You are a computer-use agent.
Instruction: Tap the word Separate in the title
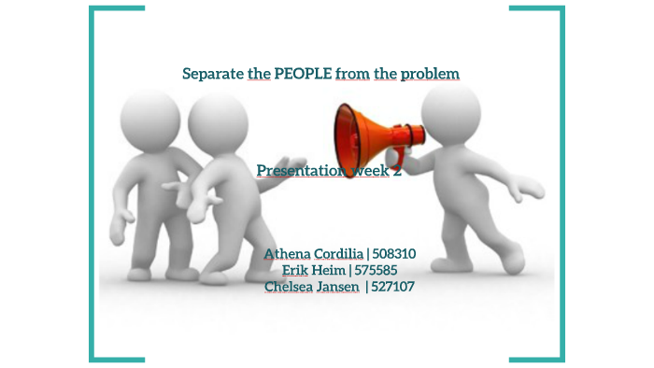213,73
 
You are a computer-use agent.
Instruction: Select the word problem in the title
429,73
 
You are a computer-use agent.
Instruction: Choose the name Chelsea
291,287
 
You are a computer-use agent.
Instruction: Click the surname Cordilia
337,253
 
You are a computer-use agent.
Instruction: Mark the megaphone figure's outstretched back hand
533,191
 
